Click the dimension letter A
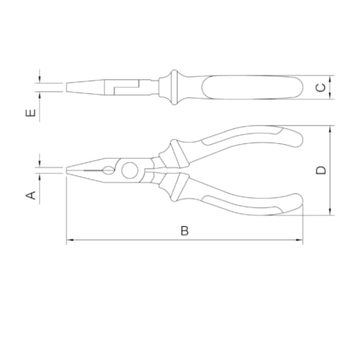point(32,194)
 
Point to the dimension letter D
point(321,170)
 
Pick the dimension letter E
point(31,113)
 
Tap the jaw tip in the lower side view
point(69,170)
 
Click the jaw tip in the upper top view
point(69,87)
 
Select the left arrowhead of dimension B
point(70,241)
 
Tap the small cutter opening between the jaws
point(104,170)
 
